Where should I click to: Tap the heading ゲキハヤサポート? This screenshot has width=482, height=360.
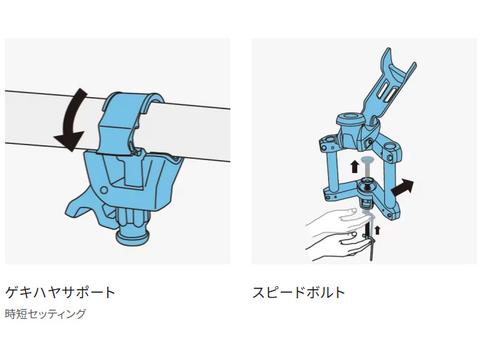point(60,292)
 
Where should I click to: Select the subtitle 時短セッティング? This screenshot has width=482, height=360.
point(45,314)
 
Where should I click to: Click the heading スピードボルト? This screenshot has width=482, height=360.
point(298,292)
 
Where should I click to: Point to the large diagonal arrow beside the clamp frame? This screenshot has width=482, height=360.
point(402,187)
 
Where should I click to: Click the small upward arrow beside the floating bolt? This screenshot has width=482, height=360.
point(354,167)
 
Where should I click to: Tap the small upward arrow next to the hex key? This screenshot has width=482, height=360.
point(378,230)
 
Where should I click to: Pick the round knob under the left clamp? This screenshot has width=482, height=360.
point(133,228)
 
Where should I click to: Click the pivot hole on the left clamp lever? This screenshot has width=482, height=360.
point(104,190)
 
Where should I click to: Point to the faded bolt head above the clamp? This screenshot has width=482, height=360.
point(367,160)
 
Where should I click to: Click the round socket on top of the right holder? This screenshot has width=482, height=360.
point(350,118)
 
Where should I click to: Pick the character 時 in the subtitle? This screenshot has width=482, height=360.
point(11,314)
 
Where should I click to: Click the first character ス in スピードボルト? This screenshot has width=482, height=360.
point(259,293)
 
